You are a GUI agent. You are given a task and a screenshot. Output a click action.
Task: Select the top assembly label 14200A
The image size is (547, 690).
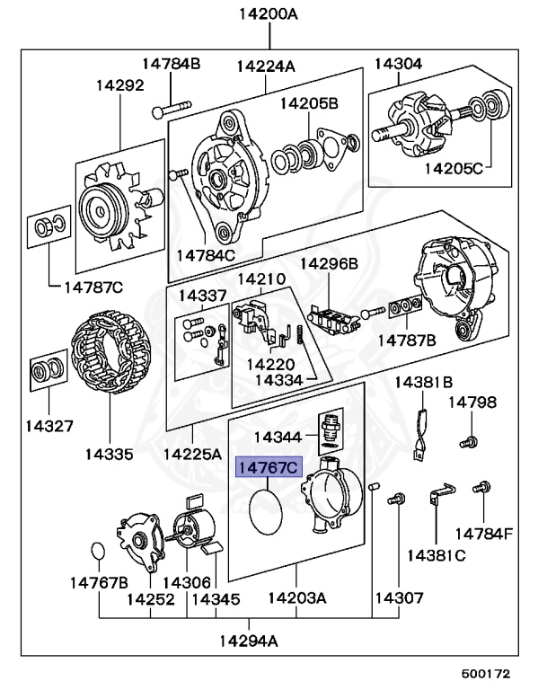(x=269, y=14)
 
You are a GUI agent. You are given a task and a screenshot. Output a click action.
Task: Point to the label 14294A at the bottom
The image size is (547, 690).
(x=248, y=641)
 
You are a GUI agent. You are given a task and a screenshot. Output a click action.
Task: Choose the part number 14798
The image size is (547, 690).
(x=472, y=402)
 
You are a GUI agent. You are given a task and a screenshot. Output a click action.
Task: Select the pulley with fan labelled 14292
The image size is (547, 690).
(x=100, y=209)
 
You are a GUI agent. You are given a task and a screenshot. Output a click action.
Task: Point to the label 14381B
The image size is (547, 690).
(x=424, y=381)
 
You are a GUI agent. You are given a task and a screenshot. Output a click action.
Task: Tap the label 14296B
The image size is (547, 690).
(x=329, y=263)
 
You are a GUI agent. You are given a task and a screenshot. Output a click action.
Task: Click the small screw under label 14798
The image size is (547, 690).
(x=468, y=440)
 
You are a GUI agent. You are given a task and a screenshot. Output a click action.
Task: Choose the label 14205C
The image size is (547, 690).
(x=453, y=167)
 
